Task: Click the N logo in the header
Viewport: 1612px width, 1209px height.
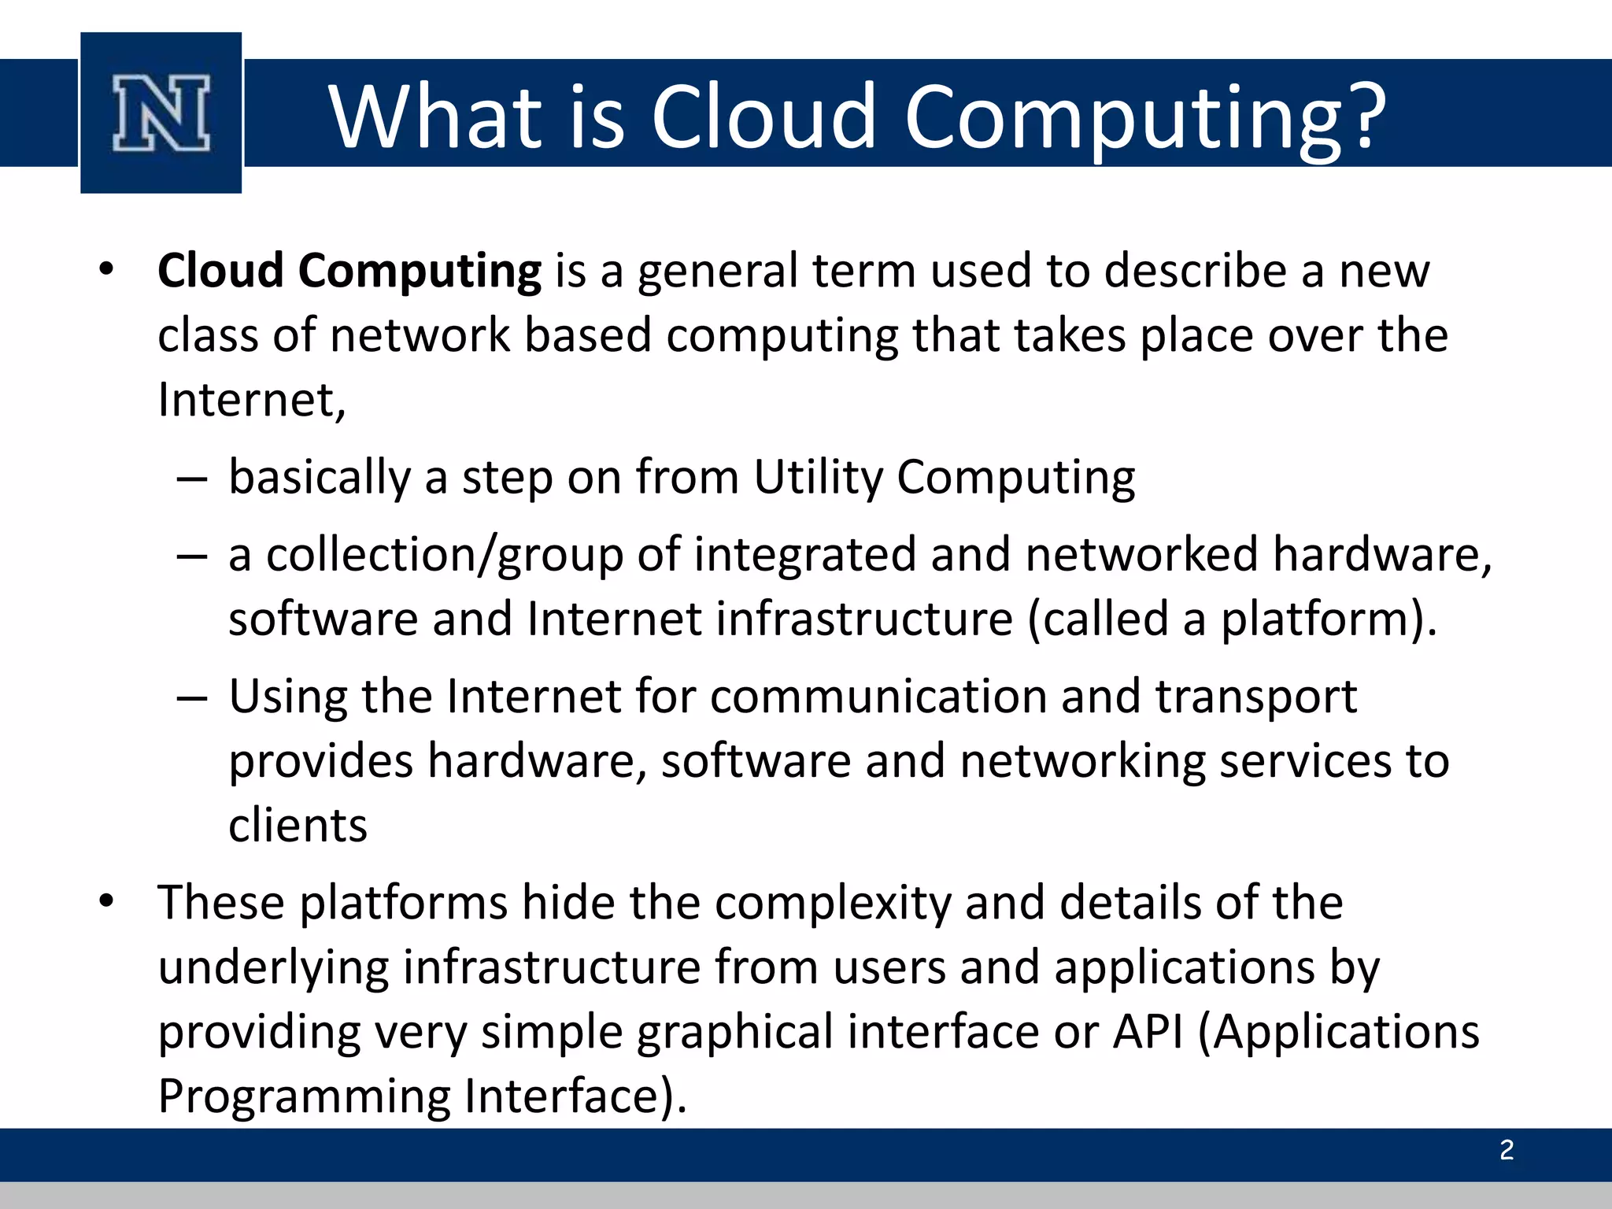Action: (x=161, y=113)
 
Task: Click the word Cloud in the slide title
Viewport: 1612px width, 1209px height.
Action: (x=763, y=116)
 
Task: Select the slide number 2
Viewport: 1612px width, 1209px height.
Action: (x=1507, y=1151)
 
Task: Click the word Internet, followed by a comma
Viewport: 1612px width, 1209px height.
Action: (x=251, y=400)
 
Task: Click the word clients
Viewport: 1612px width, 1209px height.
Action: (x=298, y=826)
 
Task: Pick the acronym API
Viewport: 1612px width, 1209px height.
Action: (x=1148, y=1032)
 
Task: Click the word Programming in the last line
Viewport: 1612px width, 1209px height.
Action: (x=304, y=1096)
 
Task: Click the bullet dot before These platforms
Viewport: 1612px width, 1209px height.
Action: (x=107, y=900)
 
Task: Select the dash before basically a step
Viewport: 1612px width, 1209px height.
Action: (x=192, y=479)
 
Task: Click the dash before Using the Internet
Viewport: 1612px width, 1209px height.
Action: (x=192, y=698)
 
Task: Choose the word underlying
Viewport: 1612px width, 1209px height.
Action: (x=273, y=968)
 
